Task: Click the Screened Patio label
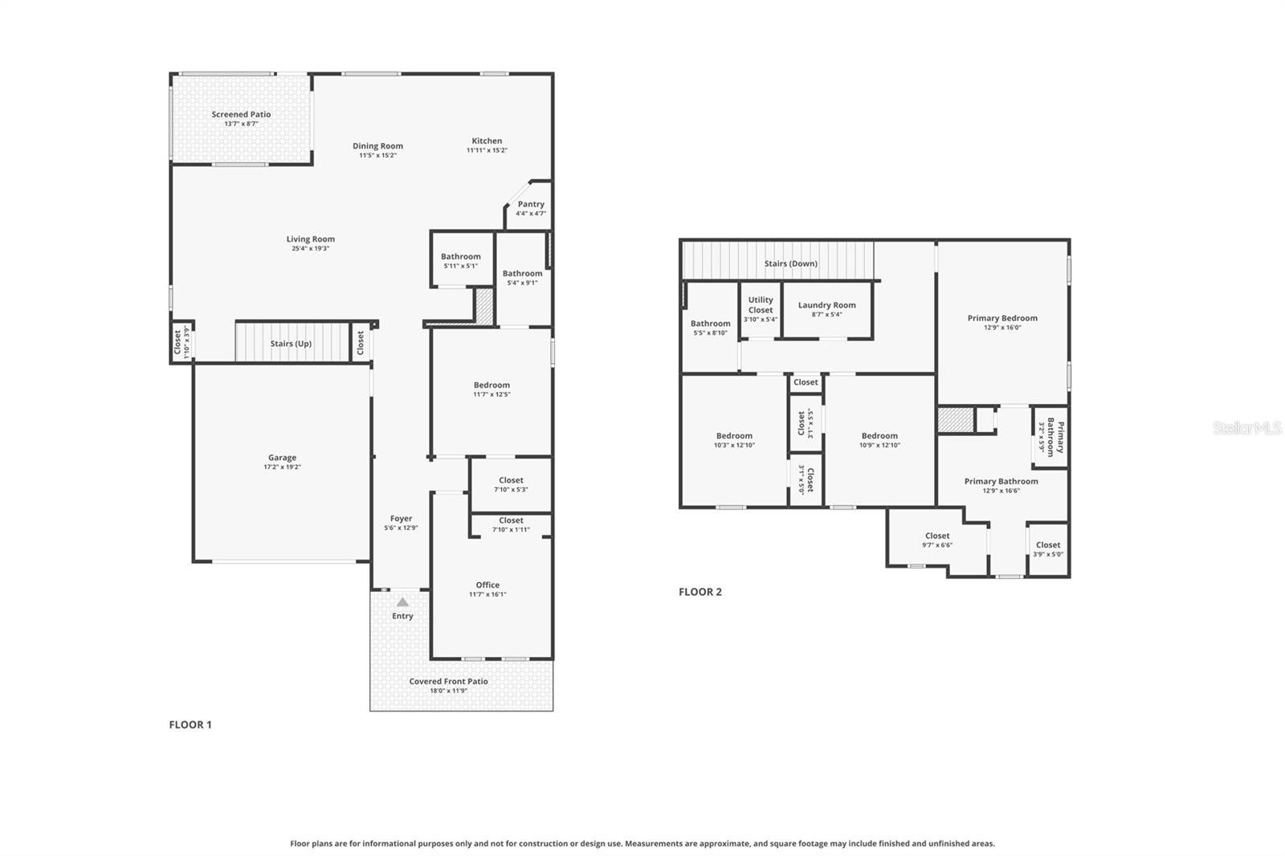[241, 115]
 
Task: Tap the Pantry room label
[531, 205]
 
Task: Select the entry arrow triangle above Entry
[402, 602]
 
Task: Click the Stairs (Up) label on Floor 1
[291, 344]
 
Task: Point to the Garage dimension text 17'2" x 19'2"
[282, 467]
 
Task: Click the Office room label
[487, 585]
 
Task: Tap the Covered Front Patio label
[448, 682]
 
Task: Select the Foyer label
[401, 519]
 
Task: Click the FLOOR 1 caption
[190, 724]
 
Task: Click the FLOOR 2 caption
[700, 592]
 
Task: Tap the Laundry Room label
[826, 305]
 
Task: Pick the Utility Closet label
[761, 304]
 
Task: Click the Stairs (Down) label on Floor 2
[790, 263]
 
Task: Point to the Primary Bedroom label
[1002, 318]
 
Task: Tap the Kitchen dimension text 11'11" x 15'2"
[487, 151]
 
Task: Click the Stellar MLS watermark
[1246, 428]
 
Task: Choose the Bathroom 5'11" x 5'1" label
[460, 257]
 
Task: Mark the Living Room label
[310, 239]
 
